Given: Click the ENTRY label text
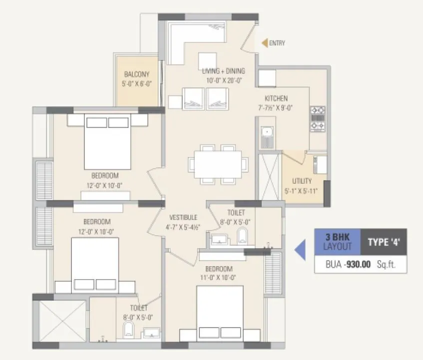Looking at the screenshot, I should tap(277, 43).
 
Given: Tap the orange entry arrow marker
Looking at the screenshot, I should tap(265, 43).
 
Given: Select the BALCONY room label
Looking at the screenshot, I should tap(136, 74).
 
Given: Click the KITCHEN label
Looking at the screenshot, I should tap(276, 99).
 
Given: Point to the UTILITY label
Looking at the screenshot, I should tap(302, 181).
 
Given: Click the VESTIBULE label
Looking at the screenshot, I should tap(183, 218).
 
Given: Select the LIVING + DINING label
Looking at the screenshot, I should tap(222, 71).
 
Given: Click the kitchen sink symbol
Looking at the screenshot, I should tap(267, 133).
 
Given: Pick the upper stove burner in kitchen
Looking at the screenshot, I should tap(318, 110).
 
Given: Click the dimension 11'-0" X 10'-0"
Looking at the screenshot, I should tap(219, 278).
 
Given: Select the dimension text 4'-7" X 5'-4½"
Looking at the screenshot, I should tap(183, 226).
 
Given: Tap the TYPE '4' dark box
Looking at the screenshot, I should tap(384, 243).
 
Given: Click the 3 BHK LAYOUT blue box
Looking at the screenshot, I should tap(337, 243).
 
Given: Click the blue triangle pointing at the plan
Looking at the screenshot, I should tap(300, 250).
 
